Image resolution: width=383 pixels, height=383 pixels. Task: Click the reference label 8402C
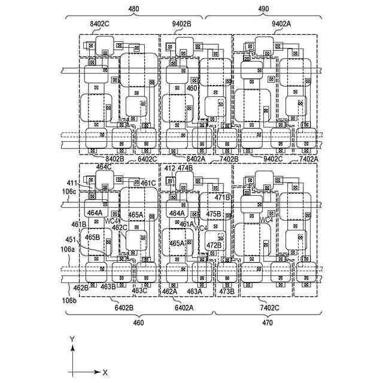coord(99,23)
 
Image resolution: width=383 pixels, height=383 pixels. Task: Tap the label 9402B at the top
coord(180,23)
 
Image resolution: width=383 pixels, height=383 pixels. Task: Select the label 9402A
coord(281,23)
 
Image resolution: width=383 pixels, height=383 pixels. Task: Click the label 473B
coord(226,291)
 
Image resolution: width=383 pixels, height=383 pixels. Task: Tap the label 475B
coord(214,214)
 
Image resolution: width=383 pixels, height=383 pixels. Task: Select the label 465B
coord(92,237)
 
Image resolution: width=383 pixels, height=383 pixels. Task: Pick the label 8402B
coord(114,159)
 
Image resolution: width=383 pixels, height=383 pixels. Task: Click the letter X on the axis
coord(105,372)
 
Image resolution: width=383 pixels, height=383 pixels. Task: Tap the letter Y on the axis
coord(72,339)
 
